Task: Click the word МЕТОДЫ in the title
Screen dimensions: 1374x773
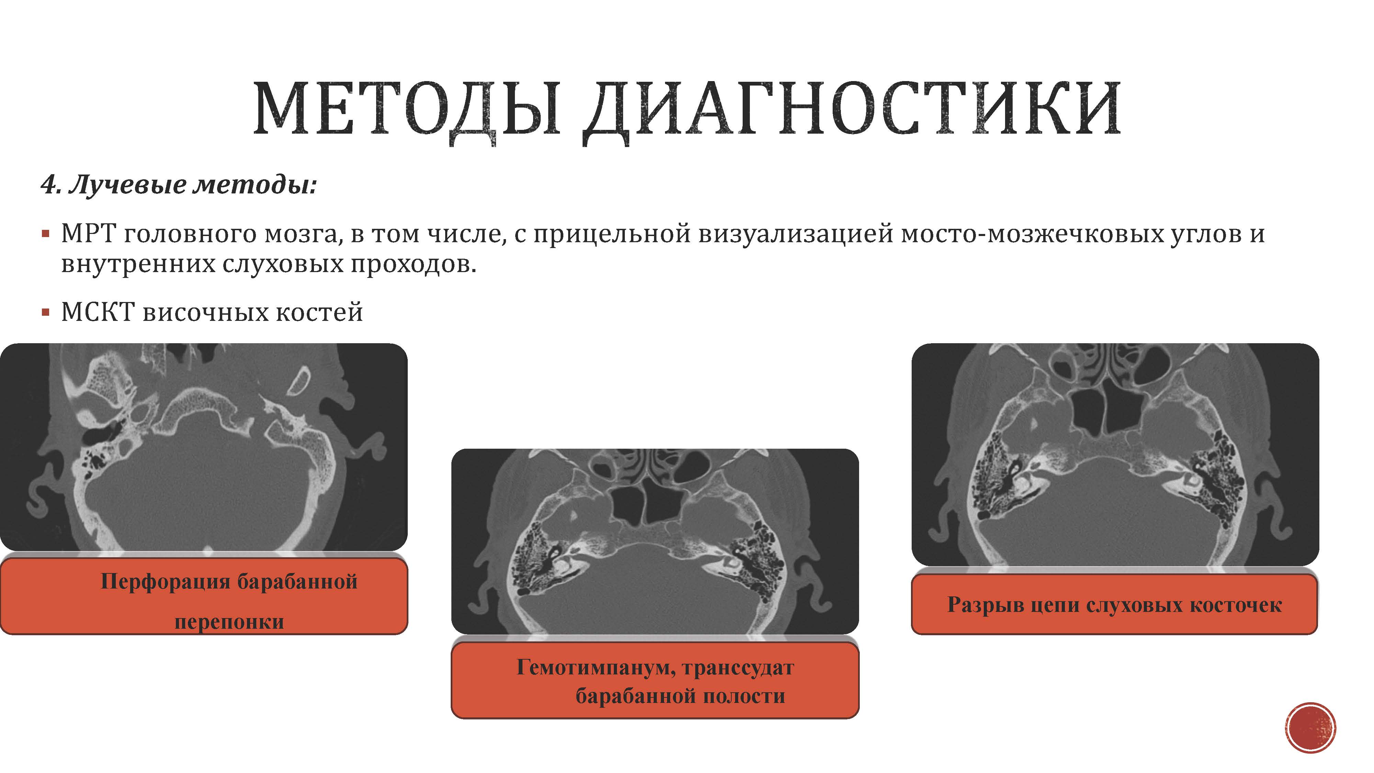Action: (406, 109)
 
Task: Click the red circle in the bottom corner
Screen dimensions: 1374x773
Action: (1310, 728)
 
